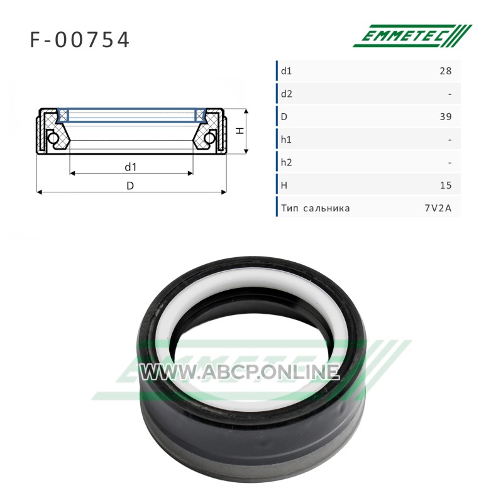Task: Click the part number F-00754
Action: (x=80, y=40)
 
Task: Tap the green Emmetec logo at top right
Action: (x=412, y=36)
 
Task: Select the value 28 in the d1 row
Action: (x=446, y=70)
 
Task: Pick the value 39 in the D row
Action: (x=446, y=116)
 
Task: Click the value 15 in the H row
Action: (x=446, y=185)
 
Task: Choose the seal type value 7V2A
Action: (x=438, y=208)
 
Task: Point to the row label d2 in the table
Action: (x=287, y=94)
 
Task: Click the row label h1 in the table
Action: (x=286, y=140)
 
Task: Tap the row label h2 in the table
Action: (x=287, y=162)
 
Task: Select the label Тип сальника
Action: (x=316, y=208)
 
